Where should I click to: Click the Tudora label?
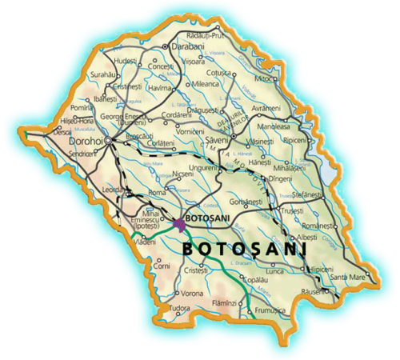[180, 309]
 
